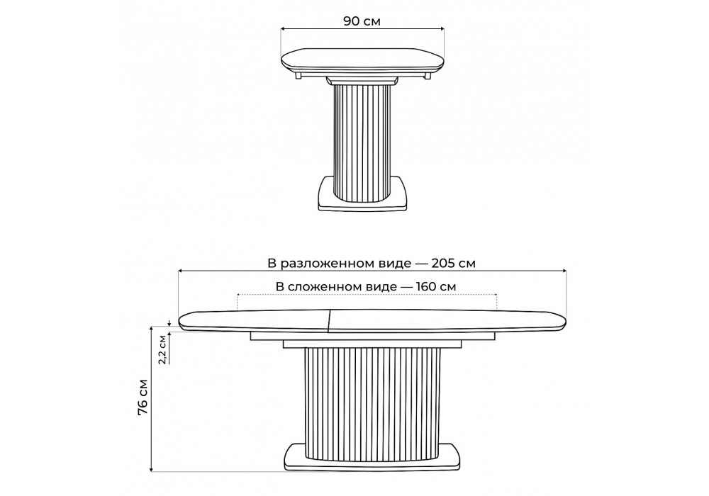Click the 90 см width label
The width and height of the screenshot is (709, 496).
(362, 21)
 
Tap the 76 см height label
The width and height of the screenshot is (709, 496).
(143, 397)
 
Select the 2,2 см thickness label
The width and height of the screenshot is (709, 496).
(162, 349)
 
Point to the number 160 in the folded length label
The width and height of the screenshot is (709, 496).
(424, 286)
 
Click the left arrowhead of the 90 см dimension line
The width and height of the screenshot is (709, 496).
(283, 29)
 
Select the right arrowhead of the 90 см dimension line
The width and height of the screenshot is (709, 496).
(442, 29)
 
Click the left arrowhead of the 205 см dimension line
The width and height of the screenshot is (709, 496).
(180, 271)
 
